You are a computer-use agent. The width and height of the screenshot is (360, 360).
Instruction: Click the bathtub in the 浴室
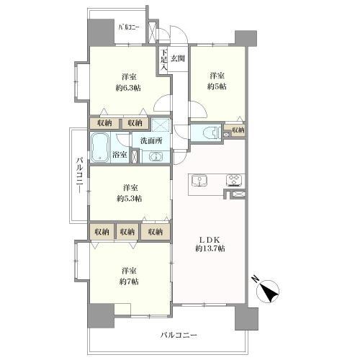pyautogui.click(x=100, y=147)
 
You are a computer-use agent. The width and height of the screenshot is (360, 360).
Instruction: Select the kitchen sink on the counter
pyautogui.click(x=199, y=181)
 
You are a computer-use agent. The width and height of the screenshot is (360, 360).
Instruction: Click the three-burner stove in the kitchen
pyautogui.click(x=234, y=181)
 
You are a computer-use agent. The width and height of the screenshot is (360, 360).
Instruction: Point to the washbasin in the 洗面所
pyautogui.click(x=156, y=157)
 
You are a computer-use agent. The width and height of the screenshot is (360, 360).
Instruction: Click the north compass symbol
pyautogui.click(x=267, y=291)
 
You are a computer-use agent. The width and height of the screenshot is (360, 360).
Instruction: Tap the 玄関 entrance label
pyautogui.click(x=178, y=58)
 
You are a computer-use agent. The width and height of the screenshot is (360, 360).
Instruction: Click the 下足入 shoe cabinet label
pyautogui.click(x=164, y=60)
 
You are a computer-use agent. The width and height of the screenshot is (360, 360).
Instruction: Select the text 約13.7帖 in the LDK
pyautogui.click(x=210, y=248)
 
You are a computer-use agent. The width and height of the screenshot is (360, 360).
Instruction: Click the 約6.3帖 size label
pyautogui.click(x=128, y=88)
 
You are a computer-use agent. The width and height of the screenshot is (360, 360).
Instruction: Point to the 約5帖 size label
pyautogui.click(x=217, y=86)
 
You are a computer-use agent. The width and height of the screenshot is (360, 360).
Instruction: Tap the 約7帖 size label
pyautogui.click(x=129, y=282)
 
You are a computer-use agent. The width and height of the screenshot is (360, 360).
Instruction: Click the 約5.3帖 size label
pyautogui.click(x=129, y=199)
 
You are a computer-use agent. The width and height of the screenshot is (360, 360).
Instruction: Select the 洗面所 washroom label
pyautogui.click(x=151, y=141)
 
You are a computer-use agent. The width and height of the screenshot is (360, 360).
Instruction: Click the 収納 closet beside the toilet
pyautogui.click(x=238, y=130)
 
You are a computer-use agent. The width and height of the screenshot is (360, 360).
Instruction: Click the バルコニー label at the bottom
pyautogui.click(x=179, y=335)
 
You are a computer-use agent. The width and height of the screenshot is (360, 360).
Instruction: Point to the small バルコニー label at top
pyautogui.click(x=129, y=27)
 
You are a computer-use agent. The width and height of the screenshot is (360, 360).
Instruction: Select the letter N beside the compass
pyautogui.click(x=255, y=279)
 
